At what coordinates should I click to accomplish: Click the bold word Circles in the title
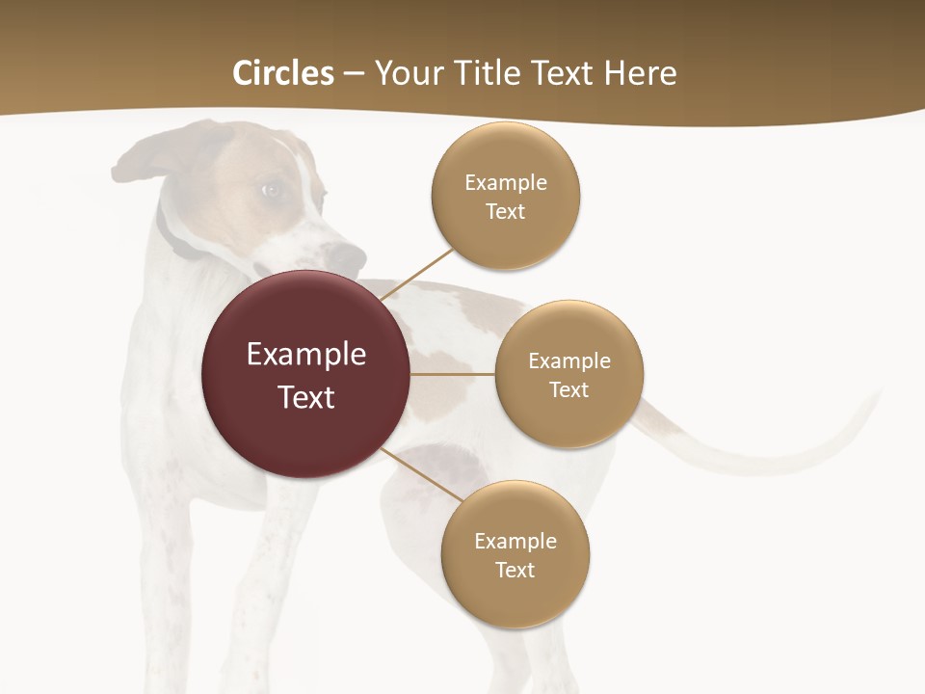282,73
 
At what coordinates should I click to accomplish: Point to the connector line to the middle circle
453,374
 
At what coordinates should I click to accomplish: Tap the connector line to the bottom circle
422,474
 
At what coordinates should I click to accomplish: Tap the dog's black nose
347,256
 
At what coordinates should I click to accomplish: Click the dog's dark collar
173,236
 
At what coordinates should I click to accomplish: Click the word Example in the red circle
306,355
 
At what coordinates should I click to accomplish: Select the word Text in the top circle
505,211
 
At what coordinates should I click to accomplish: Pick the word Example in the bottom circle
515,541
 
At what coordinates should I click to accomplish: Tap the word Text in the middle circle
568,389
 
